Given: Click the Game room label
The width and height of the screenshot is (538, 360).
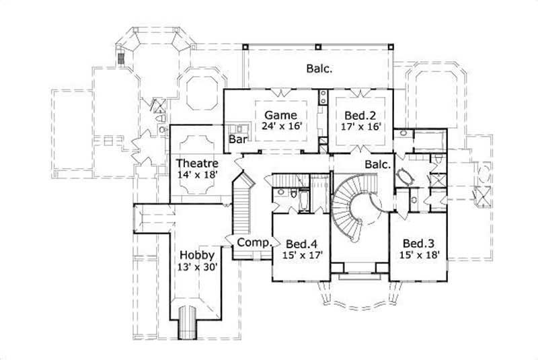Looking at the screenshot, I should (276, 114).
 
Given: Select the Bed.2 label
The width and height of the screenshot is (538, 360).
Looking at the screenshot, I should (356, 114).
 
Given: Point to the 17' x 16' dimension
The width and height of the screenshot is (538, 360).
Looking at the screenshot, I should (356, 126).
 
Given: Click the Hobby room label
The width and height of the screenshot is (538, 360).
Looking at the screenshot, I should (197, 255).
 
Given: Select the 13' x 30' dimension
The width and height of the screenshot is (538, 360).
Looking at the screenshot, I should (197, 266).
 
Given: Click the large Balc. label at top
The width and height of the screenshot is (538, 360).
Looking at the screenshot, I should (320, 68).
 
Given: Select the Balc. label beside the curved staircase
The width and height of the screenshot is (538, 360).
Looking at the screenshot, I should (378, 164).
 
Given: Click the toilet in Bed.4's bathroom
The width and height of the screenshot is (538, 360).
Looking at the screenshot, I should (294, 194).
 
